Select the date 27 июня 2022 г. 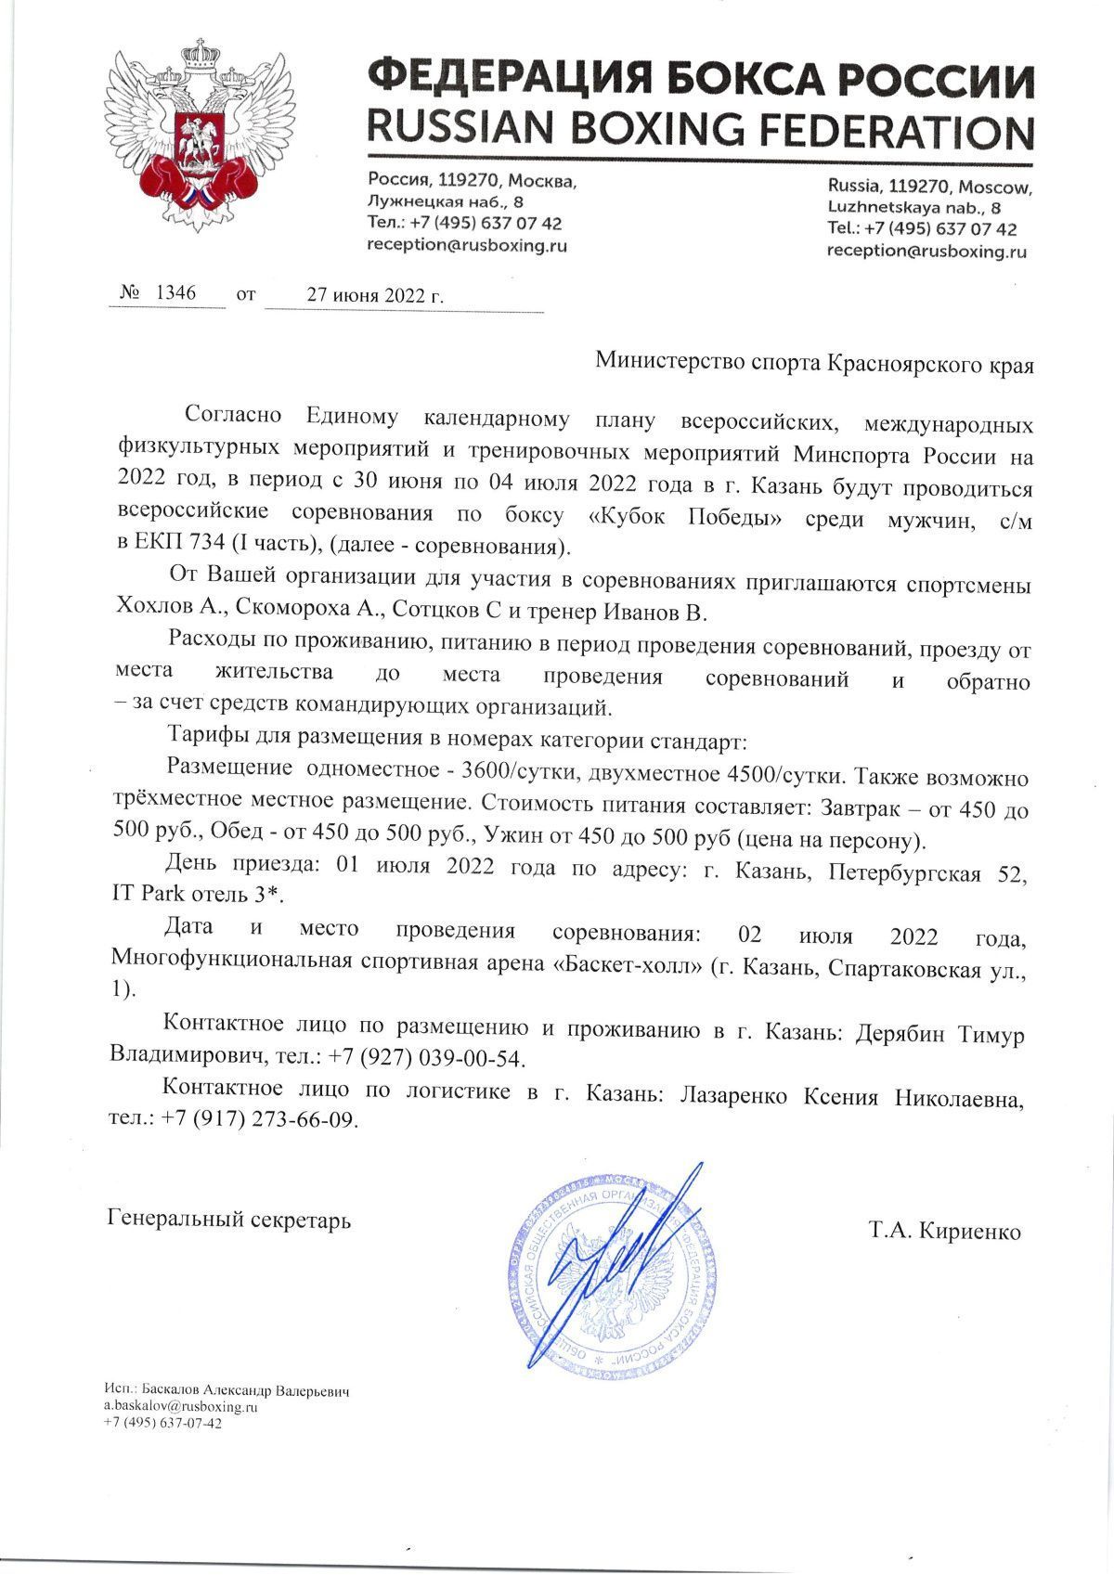point(375,296)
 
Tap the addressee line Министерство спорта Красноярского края point(814,361)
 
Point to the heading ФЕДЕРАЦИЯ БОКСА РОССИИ point(700,78)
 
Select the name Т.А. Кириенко point(945,1232)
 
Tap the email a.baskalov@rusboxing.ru point(180,1407)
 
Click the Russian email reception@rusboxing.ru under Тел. point(467,246)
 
